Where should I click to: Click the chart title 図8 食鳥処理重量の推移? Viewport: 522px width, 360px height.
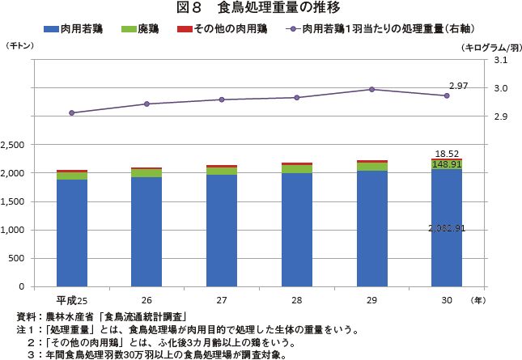click(260, 9)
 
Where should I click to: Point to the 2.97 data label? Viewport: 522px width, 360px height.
click(459, 86)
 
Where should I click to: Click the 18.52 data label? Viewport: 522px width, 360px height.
click(447, 153)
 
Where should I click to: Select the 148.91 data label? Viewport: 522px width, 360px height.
click(447, 164)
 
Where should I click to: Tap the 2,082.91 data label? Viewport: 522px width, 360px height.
click(447, 228)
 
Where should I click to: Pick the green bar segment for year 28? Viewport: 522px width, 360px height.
click(296, 168)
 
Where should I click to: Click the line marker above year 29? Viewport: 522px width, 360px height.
click(371, 90)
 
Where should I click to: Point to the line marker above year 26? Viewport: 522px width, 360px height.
click(146, 104)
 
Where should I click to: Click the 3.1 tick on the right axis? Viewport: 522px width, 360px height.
click(499, 60)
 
